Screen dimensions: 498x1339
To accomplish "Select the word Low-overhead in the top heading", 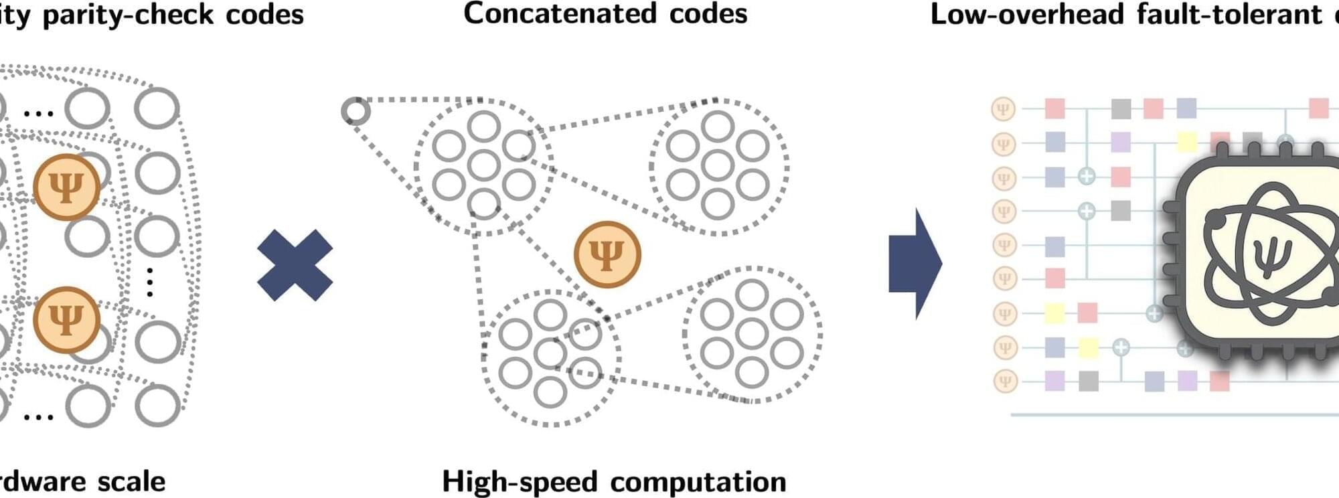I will [1026, 15].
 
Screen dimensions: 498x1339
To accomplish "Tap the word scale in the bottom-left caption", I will [131, 482].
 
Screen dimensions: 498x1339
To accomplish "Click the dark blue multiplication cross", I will [295, 265].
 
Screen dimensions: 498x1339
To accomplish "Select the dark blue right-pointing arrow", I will [915, 263].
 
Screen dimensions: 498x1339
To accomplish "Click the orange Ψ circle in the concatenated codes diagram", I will [607, 254].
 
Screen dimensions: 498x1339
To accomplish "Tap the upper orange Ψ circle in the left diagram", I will [66, 187].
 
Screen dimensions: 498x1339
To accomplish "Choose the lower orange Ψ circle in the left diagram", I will [66, 320].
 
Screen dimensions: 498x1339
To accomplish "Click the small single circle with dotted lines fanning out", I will [356, 111].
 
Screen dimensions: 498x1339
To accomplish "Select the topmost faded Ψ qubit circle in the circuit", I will [1003, 108].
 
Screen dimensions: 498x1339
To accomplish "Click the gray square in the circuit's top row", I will [1121, 108].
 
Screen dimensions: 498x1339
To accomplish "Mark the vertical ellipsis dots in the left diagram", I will [150, 282].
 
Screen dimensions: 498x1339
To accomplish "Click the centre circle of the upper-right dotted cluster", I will [718, 166].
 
